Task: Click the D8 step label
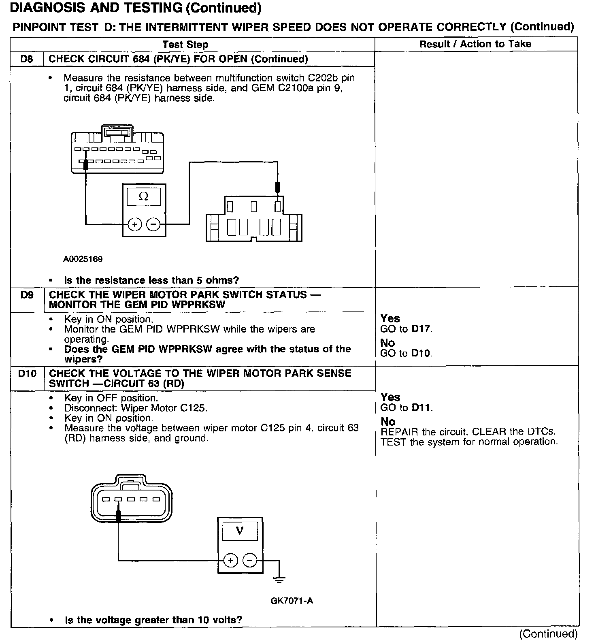click(x=26, y=59)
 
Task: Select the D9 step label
click(x=27, y=295)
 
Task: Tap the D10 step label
click(x=27, y=373)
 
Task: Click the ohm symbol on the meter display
click(x=143, y=197)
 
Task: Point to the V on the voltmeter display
click(x=240, y=530)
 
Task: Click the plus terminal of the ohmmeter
click(x=135, y=224)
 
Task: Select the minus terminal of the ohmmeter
click(x=153, y=224)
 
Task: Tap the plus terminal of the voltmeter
click(x=230, y=561)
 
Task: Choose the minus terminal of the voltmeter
click(x=250, y=561)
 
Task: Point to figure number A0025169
click(x=83, y=259)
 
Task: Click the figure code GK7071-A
click(x=292, y=600)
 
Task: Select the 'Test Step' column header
click(x=185, y=45)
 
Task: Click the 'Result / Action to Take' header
click(x=475, y=44)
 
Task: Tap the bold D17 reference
click(x=421, y=329)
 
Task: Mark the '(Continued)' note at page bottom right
click(x=548, y=633)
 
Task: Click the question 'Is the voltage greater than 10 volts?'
click(x=153, y=620)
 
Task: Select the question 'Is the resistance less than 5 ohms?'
click(x=151, y=280)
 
